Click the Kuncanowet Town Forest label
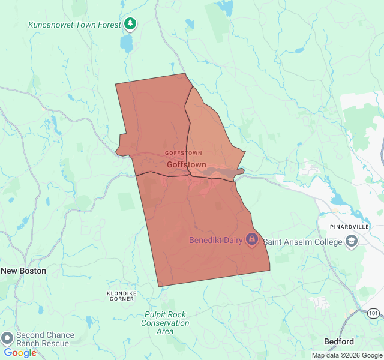pos(75,25)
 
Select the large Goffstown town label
pos(186,164)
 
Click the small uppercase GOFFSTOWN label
pos(184,153)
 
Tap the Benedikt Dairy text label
pos(215,240)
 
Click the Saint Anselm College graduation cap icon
pos(351,242)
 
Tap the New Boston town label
pos(23,271)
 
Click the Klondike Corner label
pos(122,295)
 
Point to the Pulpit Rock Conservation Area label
pos(165,323)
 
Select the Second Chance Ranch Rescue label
pos(46,339)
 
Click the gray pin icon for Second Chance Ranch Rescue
pos(7,338)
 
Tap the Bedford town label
pos(339,341)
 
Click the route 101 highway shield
pos(373,313)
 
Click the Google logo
pos(20,353)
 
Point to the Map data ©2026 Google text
pos(347,355)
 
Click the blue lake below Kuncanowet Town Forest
pos(126,43)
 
